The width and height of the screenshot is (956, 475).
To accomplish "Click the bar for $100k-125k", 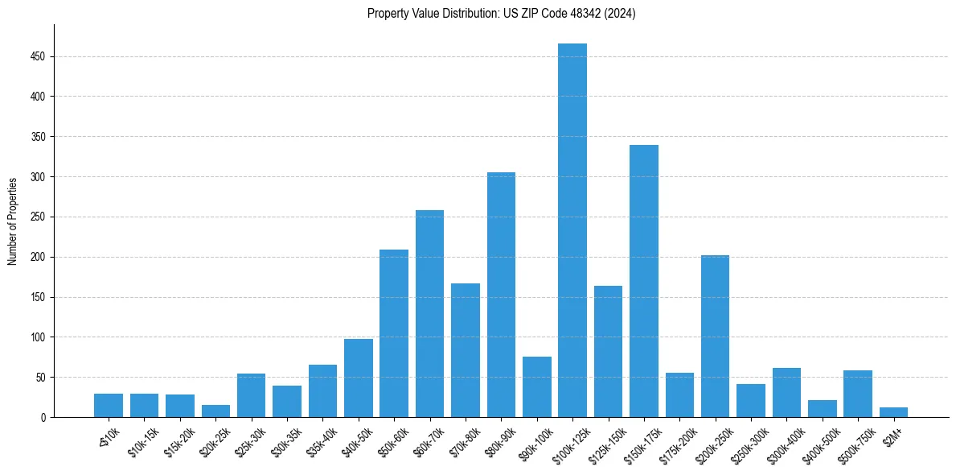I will pos(572,230).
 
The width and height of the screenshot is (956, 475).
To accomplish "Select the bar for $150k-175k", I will pos(644,281).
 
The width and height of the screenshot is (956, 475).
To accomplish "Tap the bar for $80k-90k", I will pos(501,295).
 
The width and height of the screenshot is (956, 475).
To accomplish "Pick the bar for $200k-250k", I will pos(715,336).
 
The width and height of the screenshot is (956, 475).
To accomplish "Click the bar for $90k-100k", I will pos(537,386).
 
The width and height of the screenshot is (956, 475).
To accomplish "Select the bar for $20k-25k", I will pos(215,411).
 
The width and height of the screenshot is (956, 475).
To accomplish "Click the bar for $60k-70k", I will pos(429,313).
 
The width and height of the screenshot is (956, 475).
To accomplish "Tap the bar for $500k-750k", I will pos(858,394).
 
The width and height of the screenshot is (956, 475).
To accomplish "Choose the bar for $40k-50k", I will pos(359,378).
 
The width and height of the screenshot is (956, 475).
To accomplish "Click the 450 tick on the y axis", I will pos(39,57).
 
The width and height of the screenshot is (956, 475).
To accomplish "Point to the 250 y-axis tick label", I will pos(39,217).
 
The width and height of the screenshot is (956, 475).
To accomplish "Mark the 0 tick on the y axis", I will pos(44,417).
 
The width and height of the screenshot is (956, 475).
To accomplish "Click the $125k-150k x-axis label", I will pos(605,441).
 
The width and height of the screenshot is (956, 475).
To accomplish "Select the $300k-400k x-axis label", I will pos(783,441).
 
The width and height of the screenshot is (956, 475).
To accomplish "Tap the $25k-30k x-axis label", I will pos(248,440).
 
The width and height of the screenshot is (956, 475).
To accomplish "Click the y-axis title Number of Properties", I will pos(12,221).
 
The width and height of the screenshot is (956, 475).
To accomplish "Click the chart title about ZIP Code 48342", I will pos(501,14).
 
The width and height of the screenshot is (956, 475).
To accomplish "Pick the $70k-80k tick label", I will pos(462,440).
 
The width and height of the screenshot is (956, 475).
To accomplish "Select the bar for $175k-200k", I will pos(679,394).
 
